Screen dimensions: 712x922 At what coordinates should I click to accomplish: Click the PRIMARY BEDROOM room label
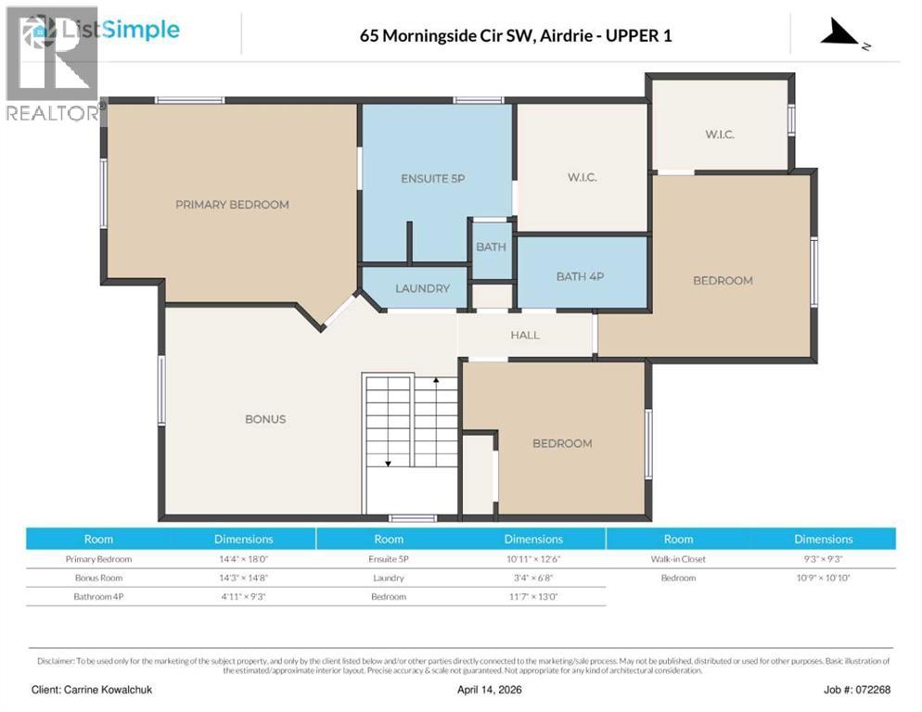point(232,205)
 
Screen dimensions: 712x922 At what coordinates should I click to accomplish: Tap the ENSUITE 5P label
point(432,178)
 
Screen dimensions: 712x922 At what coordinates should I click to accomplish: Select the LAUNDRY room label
point(422,288)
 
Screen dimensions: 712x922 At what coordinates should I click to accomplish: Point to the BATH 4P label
point(581,276)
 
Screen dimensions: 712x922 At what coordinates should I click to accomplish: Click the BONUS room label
point(265,419)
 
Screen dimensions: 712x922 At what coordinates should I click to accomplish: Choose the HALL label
point(525,335)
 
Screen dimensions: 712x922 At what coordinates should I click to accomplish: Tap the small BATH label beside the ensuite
point(491,247)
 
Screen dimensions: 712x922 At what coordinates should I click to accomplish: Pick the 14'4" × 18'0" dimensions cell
point(243,559)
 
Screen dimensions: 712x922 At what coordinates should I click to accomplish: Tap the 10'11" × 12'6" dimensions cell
point(533,559)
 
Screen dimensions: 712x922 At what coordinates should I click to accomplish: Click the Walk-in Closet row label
point(678,559)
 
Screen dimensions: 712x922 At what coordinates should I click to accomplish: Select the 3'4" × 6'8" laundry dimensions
point(533,578)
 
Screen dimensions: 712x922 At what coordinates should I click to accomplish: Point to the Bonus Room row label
point(98,578)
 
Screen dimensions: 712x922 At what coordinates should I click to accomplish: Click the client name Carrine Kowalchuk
point(91,689)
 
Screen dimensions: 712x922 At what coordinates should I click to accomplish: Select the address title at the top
point(516,36)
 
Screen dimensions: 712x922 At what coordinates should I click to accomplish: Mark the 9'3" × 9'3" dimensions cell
point(823,559)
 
